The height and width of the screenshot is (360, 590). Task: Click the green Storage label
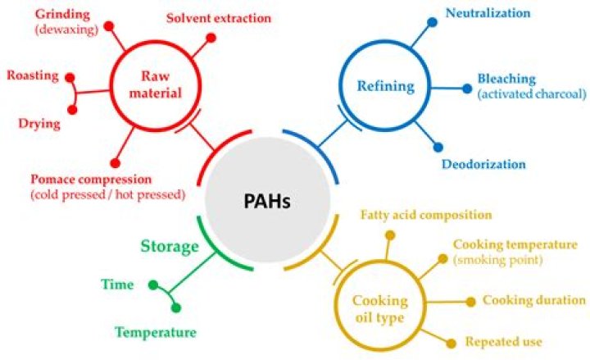coord(170,246)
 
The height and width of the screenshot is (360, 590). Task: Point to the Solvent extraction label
coord(219,17)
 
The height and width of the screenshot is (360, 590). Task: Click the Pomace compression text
coord(91,179)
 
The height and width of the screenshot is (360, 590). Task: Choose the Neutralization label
coord(488,13)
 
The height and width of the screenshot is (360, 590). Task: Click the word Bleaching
coord(506,80)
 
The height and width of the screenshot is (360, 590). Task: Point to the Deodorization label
coord(483,164)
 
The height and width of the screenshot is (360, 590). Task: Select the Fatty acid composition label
coord(426,215)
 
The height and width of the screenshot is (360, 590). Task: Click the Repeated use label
coord(503,341)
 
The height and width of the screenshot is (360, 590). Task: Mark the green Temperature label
coord(155,333)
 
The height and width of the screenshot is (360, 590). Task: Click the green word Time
coord(117,285)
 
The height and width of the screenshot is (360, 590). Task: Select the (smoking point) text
coord(497,260)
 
